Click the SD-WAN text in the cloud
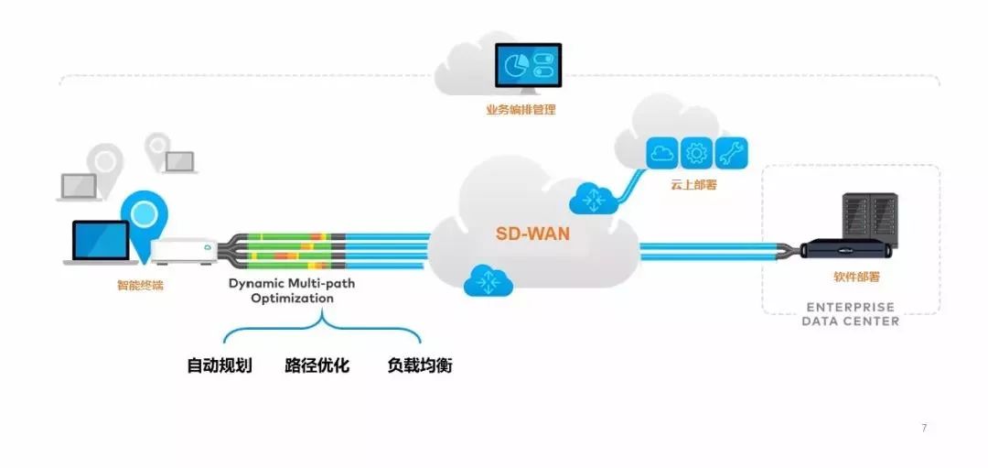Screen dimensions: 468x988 [x=532, y=234]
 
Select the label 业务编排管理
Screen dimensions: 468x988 [x=521, y=110]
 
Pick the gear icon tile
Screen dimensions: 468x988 [x=696, y=153]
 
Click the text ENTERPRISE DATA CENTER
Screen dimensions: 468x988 [x=850, y=314]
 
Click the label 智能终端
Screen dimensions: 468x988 [x=140, y=285]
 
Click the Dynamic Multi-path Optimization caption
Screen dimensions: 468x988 [x=292, y=291]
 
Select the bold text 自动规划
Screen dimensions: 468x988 [x=220, y=365]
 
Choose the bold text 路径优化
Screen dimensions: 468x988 [x=317, y=365]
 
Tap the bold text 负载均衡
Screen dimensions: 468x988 [x=419, y=365]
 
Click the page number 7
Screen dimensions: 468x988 [x=924, y=428]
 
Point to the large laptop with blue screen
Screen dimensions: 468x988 [x=98, y=242]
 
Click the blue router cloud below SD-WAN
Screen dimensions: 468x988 [x=488, y=281]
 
